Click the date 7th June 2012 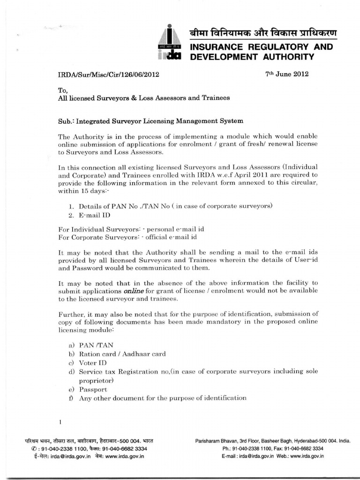(287, 74)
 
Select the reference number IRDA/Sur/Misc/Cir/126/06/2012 (111, 74)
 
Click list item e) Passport (88, 389)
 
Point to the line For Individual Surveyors (131, 229)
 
